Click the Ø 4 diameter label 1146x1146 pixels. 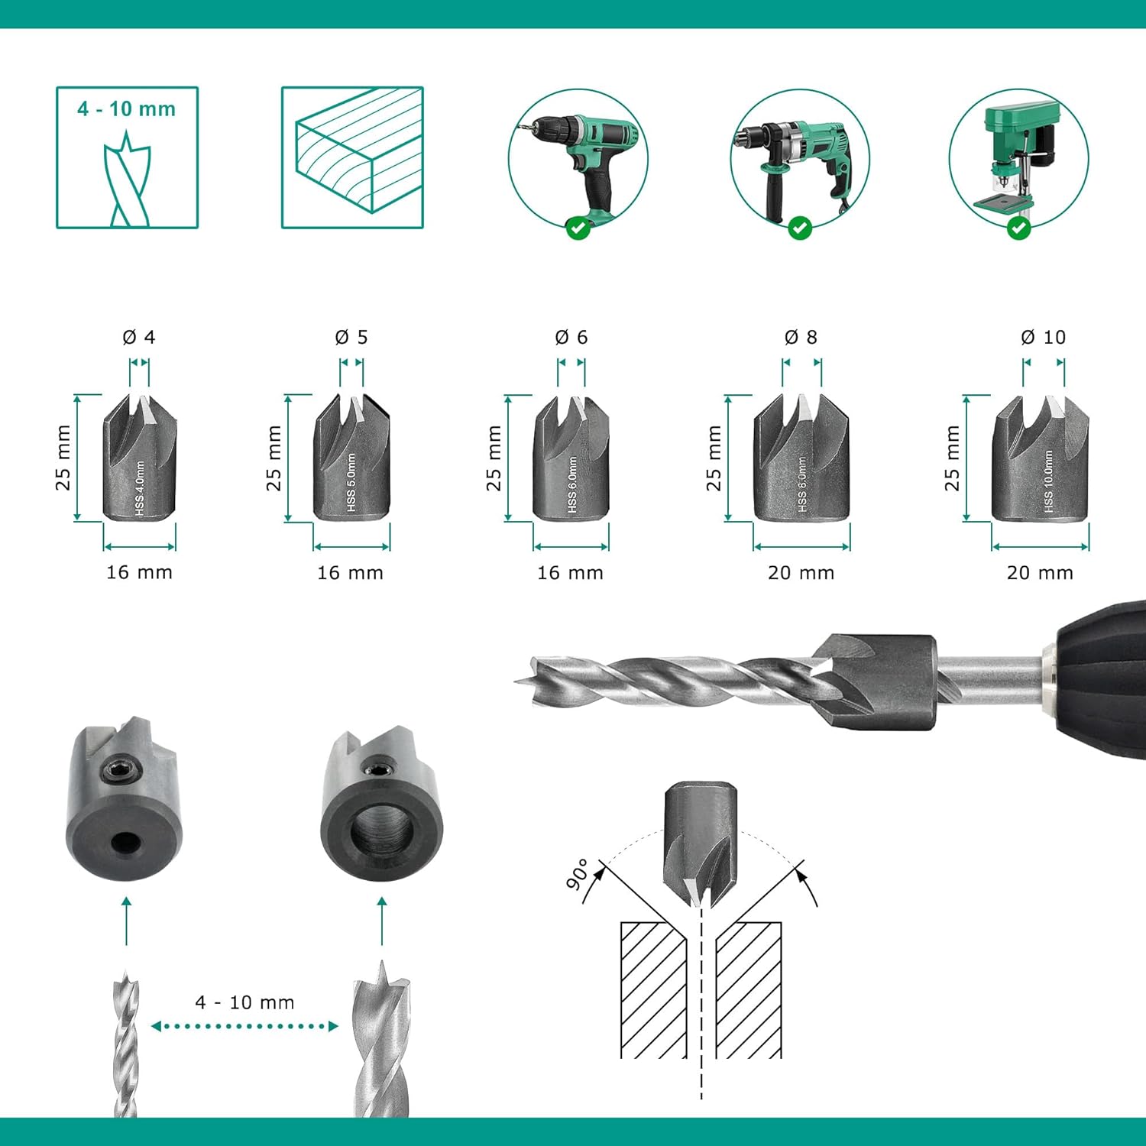click(x=139, y=337)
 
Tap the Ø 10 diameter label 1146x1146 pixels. click(x=1043, y=337)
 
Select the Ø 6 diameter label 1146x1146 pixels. click(x=571, y=337)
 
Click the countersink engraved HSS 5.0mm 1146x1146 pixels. click(x=351, y=457)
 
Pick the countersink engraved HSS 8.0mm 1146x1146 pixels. click(x=801, y=457)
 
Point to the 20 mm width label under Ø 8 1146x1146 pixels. click(x=801, y=573)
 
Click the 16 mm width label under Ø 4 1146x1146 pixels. click(x=139, y=572)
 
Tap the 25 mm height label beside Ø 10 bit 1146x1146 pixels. click(x=951, y=458)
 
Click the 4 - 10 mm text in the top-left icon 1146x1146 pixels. click(x=126, y=108)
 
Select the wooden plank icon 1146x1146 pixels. click(x=352, y=157)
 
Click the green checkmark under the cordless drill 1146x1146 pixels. click(x=578, y=227)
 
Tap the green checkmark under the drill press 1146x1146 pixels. click(x=1018, y=227)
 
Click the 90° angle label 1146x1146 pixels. click(x=578, y=874)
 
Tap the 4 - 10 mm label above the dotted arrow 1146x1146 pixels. click(x=244, y=1002)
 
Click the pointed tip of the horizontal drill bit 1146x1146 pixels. click(x=516, y=678)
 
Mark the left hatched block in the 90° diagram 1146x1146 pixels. click(x=654, y=990)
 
